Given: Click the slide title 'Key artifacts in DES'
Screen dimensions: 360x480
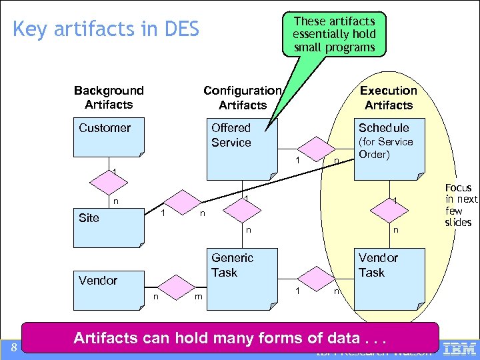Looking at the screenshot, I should [x=106, y=29].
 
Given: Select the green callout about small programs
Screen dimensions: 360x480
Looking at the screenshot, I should [x=334, y=34].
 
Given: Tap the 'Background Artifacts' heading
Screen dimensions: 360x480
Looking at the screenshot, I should [x=109, y=97].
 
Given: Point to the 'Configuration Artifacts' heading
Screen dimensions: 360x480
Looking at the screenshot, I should [x=242, y=97].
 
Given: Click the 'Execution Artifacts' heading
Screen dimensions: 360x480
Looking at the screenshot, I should [x=389, y=97].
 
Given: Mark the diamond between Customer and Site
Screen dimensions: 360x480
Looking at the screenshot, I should [x=109, y=180].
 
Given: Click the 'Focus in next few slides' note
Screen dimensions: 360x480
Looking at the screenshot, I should [x=461, y=205].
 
